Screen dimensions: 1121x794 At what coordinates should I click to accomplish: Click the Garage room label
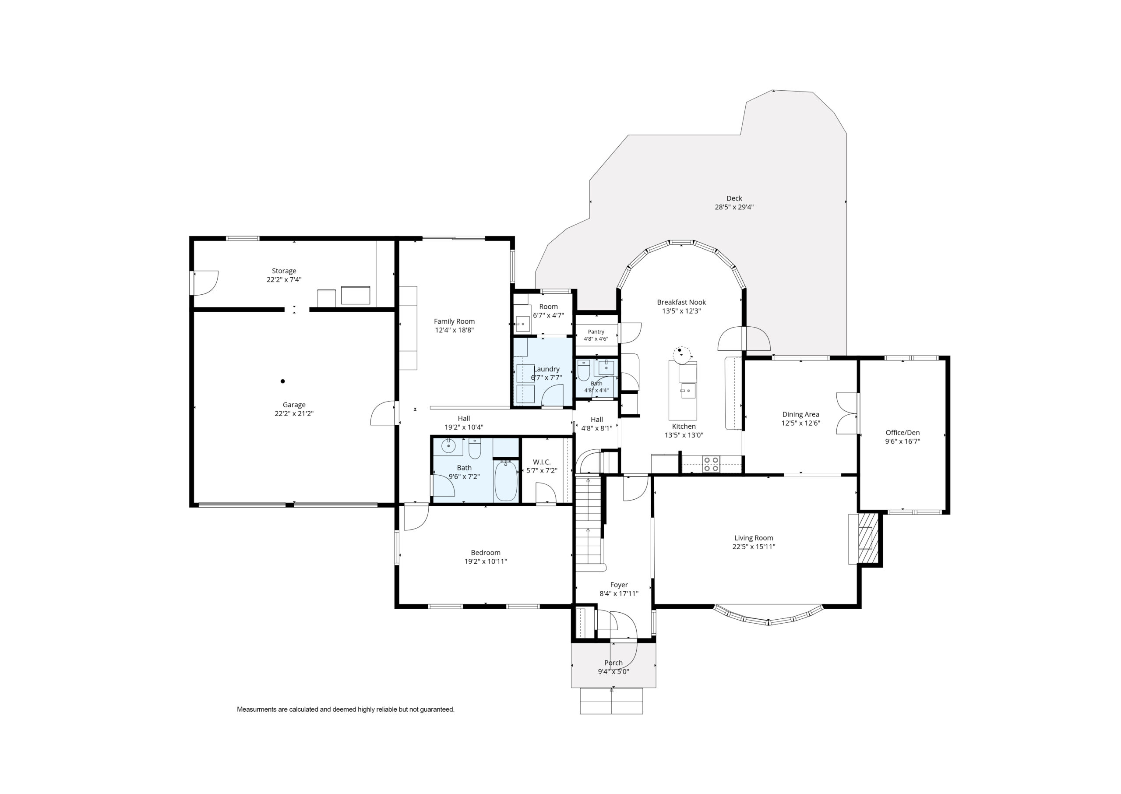pyautogui.click(x=294, y=405)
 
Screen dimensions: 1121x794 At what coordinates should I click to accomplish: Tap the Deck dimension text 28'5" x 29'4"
pyautogui.click(x=734, y=207)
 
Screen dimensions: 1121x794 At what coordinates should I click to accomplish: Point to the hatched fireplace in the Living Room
pyautogui.click(x=868, y=538)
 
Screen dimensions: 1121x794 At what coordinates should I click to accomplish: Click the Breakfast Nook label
pyautogui.click(x=681, y=303)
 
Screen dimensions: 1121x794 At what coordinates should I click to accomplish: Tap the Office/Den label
pyautogui.click(x=902, y=433)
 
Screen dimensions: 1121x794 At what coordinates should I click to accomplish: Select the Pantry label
pyautogui.click(x=596, y=332)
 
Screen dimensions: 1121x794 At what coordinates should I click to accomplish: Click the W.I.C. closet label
pyautogui.click(x=542, y=462)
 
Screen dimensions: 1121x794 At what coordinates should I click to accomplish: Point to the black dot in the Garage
pyautogui.click(x=282, y=381)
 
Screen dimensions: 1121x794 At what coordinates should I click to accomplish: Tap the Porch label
pyautogui.click(x=613, y=663)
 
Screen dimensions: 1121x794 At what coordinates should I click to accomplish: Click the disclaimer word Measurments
pyautogui.click(x=257, y=709)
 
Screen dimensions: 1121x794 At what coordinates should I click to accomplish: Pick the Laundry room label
pyautogui.click(x=546, y=369)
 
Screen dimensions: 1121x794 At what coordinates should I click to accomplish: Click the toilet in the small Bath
pyautogui.click(x=584, y=371)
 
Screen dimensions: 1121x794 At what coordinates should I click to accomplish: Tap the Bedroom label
pyautogui.click(x=486, y=553)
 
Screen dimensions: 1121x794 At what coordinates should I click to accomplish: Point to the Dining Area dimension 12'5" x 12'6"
pyautogui.click(x=800, y=423)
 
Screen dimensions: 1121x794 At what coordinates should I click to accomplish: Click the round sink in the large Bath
pyautogui.click(x=448, y=446)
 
